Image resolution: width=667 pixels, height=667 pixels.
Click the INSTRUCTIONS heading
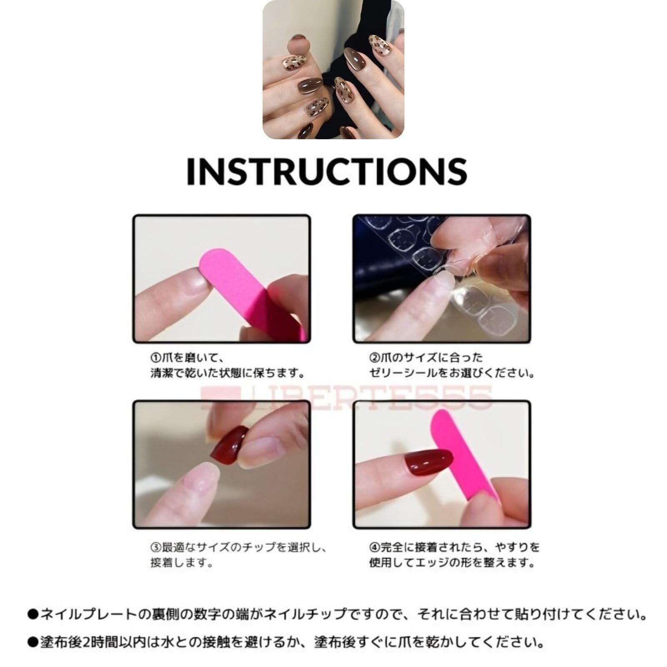(x=326, y=171)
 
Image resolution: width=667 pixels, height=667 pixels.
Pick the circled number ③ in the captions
(x=155, y=547)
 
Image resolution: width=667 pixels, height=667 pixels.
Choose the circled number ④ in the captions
(x=374, y=547)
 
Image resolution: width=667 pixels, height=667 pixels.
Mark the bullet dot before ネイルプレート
(x=33, y=614)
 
